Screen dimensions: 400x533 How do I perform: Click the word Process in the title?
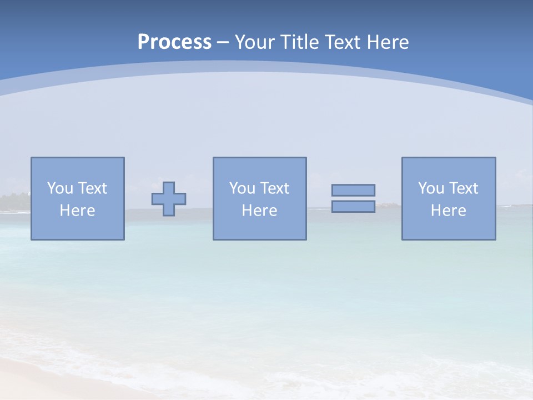(x=174, y=42)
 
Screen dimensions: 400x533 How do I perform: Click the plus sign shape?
(x=169, y=199)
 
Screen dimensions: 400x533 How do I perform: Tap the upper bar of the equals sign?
(x=353, y=190)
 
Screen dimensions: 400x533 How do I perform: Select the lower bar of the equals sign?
(x=353, y=206)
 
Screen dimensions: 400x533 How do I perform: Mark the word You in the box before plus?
(x=60, y=188)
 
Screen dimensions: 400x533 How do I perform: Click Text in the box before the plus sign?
(x=92, y=188)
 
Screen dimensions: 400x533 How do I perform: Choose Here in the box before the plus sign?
(x=77, y=211)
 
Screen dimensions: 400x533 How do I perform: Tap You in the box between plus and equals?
(x=242, y=188)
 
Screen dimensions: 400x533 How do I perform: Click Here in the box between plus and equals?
(x=259, y=211)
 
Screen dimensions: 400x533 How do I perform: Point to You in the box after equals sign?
(x=431, y=188)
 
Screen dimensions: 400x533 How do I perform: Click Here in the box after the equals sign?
(x=448, y=211)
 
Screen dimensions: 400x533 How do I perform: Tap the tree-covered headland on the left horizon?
(x=14, y=202)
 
